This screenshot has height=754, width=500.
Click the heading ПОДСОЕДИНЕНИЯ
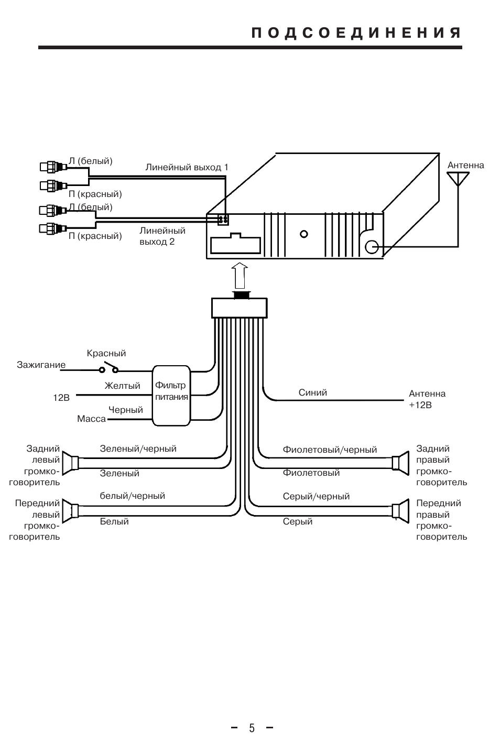pyautogui.click(x=356, y=33)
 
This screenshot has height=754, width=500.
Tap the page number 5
pyautogui.click(x=252, y=728)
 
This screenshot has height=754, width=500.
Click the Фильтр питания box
pyautogui.click(x=171, y=396)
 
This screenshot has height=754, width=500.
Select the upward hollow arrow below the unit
pyautogui.click(x=240, y=276)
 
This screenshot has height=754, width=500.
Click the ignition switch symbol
pyautogui.click(x=109, y=367)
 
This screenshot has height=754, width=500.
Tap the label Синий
pyautogui.click(x=312, y=392)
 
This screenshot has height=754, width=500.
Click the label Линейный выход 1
pyautogui.click(x=187, y=167)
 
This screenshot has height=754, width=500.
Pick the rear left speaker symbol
pyautogui.click(x=71, y=463)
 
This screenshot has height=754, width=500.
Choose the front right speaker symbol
pyautogui.click(x=400, y=511)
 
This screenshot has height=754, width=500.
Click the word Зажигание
pyautogui.click(x=41, y=365)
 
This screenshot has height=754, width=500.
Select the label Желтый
pyautogui.click(x=122, y=386)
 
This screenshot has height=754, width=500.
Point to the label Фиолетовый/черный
pyautogui.click(x=330, y=450)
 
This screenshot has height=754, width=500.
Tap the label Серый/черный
pyautogui.click(x=316, y=496)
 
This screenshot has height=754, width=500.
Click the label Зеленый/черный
pyautogui.click(x=138, y=449)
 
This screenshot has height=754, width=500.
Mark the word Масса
pyautogui.click(x=91, y=419)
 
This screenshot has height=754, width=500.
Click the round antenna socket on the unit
pyautogui.click(x=372, y=247)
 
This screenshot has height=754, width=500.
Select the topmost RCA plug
pyautogui.click(x=53, y=167)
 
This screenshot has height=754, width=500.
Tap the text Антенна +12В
pyautogui.click(x=427, y=399)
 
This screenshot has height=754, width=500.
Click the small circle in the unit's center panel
pyautogui.click(x=303, y=234)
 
